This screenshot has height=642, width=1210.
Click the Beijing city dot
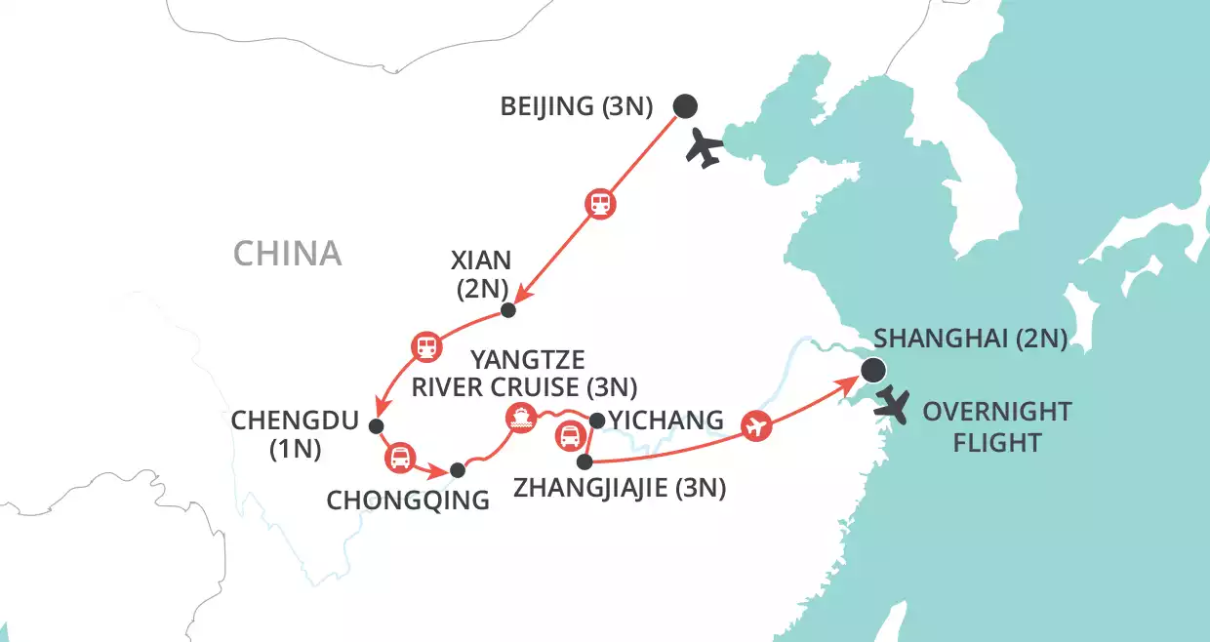[x=686, y=105]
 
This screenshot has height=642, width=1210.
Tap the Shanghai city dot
[x=872, y=370]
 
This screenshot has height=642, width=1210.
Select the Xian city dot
[x=507, y=310]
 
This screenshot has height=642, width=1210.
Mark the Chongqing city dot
[x=457, y=469]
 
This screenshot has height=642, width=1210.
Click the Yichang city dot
[x=596, y=421]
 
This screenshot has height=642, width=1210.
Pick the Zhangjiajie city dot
[x=584, y=461]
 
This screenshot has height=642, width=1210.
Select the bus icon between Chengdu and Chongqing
[x=400, y=456]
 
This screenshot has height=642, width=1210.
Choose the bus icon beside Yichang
[x=568, y=436]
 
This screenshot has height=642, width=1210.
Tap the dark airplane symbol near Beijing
[x=705, y=149]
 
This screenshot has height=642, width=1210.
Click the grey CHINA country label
[x=287, y=254]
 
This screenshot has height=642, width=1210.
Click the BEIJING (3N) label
[x=576, y=106]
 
